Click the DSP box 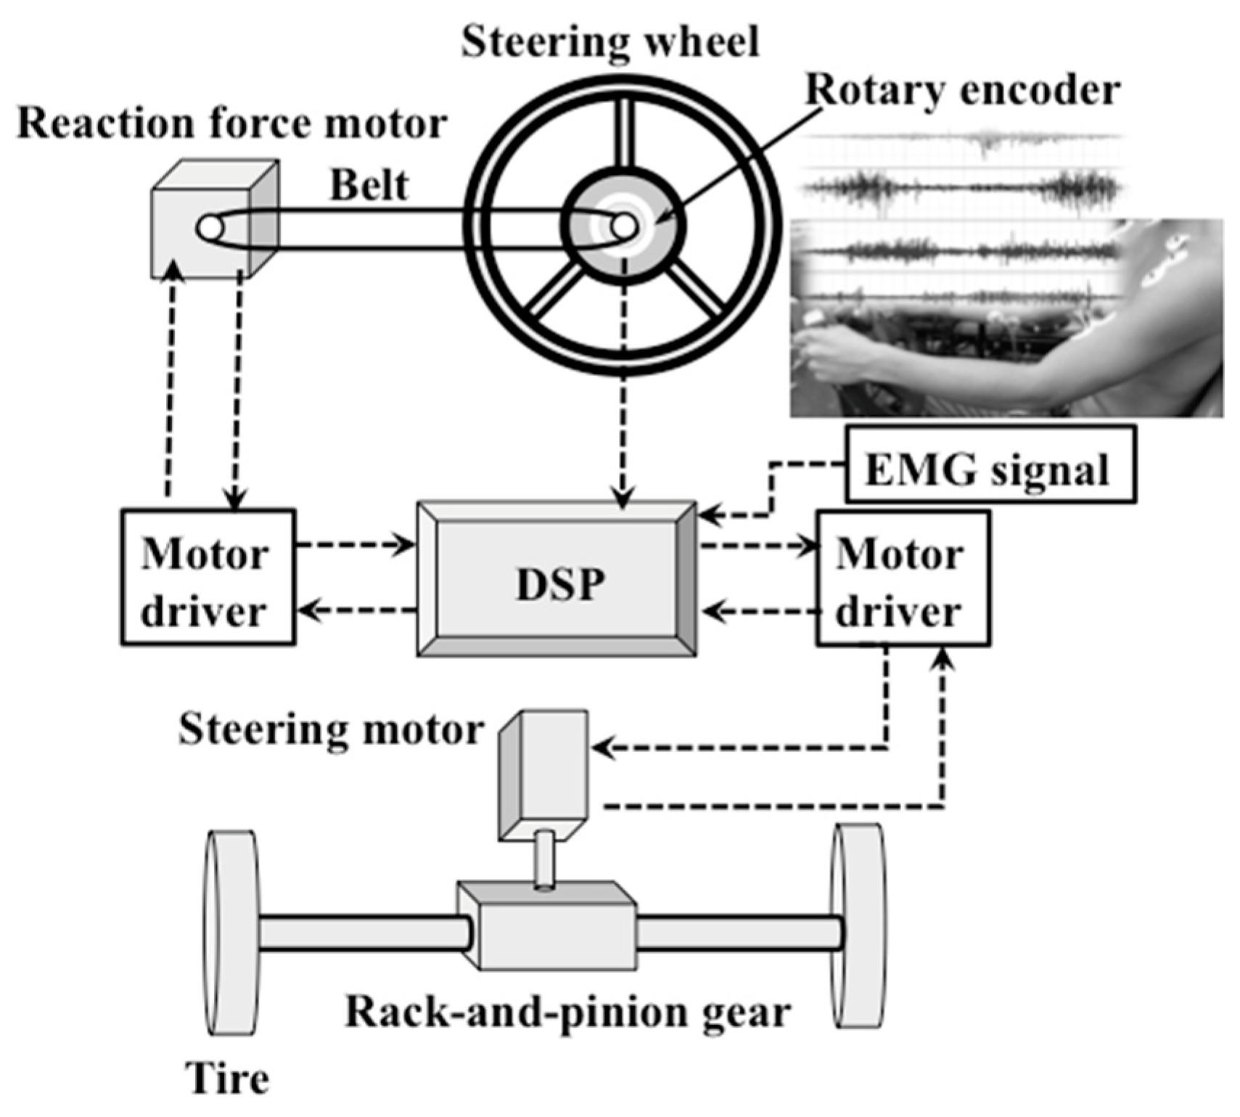(557, 578)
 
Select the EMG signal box (989, 465)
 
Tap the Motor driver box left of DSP (208, 577)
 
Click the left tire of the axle (231, 933)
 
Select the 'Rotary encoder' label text (963, 91)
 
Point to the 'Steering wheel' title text (609, 41)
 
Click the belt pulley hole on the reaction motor (210, 228)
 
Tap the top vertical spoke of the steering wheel (623, 131)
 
